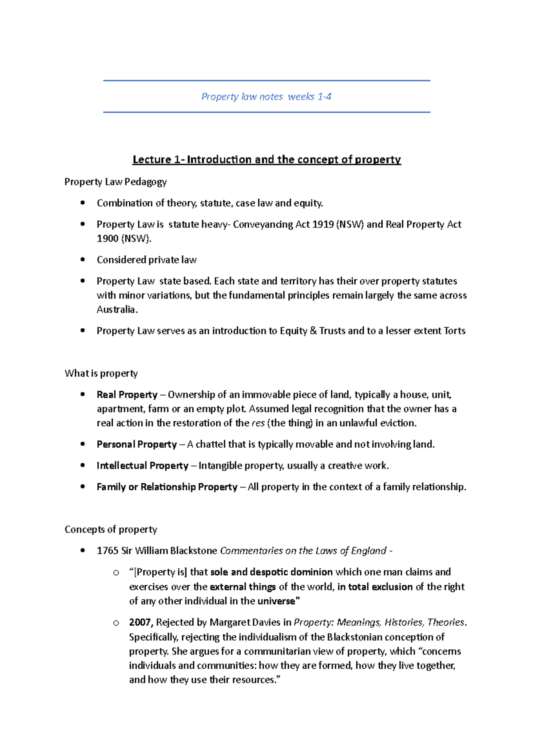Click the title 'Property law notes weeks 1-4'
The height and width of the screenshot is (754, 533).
(x=266, y=97)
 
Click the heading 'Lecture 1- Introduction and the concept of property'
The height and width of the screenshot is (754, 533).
(x=266, y=159)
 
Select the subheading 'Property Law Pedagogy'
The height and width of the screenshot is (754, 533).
(x=115, y=182)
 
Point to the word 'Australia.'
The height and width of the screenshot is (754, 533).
(x=117, y=310)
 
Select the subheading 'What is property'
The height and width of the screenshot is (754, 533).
(x=101, y=373)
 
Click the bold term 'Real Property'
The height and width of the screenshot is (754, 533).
(x=127, y=395)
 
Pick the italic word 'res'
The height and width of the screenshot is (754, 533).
(x=258, y=423)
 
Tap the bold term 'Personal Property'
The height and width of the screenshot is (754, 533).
(x=137, y=444)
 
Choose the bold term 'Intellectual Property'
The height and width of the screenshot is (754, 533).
(x=143, y=466)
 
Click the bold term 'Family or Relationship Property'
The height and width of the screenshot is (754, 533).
(x=167, y=487)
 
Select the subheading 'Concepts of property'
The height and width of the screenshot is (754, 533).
(x=111, y=529)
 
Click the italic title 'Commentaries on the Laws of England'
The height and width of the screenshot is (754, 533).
(x=303, y=551)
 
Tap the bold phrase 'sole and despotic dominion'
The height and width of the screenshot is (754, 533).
(x=271, y=572)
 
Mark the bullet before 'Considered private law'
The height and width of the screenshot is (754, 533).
(x=83, y=260)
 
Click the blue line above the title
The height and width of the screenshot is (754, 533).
(x=266, y=81)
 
